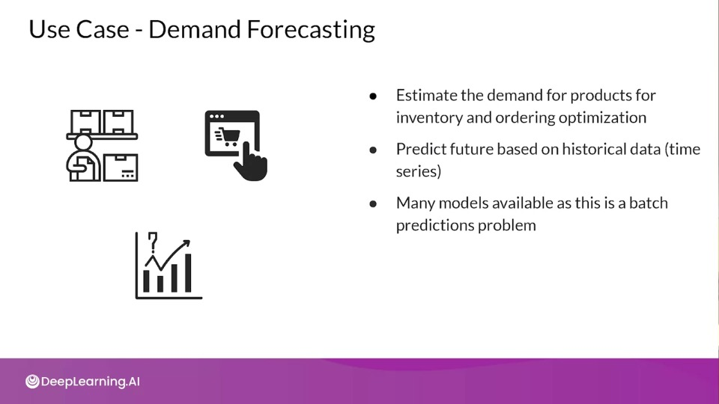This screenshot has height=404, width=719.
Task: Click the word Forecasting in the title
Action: (x=311, y=30)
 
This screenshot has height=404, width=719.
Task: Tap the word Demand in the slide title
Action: (x=195, y=29)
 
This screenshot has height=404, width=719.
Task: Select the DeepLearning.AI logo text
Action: (x=91, y=382)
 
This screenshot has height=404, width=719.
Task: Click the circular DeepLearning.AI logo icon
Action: (x=32, y=382)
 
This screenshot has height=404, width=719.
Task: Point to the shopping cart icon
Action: (x=228, y=136)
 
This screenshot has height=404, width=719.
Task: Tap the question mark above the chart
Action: (x=153, y=242)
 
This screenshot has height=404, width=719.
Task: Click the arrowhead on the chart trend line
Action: (x=186, y=243)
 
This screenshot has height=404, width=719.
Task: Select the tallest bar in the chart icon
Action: (x=188, y=273)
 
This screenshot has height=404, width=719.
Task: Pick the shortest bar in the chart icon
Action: (x=160, y=284)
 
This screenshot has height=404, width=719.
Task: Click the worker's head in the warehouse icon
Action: (x=83, y=142)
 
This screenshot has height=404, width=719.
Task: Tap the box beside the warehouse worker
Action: (x=121, y=168)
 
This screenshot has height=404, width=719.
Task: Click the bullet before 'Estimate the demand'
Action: (x=373, y=97)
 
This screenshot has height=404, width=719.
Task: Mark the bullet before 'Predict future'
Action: (x=373, y=150)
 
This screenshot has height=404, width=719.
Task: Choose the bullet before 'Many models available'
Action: (x=373, y=203)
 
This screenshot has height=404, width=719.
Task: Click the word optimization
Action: (x=602, y=118)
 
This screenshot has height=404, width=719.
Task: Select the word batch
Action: (x=649, y=203)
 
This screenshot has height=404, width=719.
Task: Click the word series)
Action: (x=418, y=172)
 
